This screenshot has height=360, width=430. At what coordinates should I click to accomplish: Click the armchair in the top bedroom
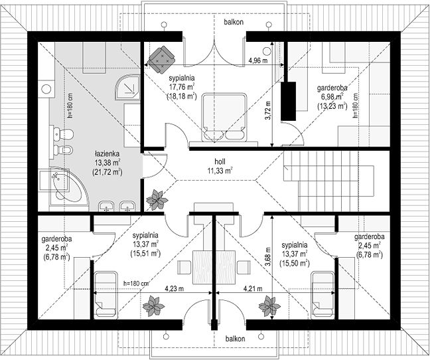(161, 59)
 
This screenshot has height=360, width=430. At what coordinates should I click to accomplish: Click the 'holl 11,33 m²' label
(220, 166)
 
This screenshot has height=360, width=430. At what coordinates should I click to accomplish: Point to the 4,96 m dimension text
(257, 60)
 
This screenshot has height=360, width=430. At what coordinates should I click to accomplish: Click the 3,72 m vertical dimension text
(268, 110)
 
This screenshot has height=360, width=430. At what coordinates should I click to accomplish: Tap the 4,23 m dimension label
(174, 289)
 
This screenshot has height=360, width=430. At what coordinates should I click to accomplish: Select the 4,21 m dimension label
(253, 289)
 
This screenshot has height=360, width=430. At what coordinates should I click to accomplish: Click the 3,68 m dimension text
(268, 256)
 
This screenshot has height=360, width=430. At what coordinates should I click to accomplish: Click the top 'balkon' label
(234, 22)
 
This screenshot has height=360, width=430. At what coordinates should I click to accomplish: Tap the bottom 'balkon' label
(235, 339)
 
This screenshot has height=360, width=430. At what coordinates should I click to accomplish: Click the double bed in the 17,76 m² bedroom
(223, 118)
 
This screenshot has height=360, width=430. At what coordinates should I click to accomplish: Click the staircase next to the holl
(328, 181)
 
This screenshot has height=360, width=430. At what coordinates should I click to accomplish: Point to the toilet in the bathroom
(64, 134)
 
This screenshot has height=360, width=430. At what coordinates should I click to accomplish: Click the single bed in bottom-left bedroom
(106, 296)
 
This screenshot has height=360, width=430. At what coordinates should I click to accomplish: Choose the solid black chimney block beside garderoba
(289, 101)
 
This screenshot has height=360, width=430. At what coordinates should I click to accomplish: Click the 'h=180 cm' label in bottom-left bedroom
(136, 283)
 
